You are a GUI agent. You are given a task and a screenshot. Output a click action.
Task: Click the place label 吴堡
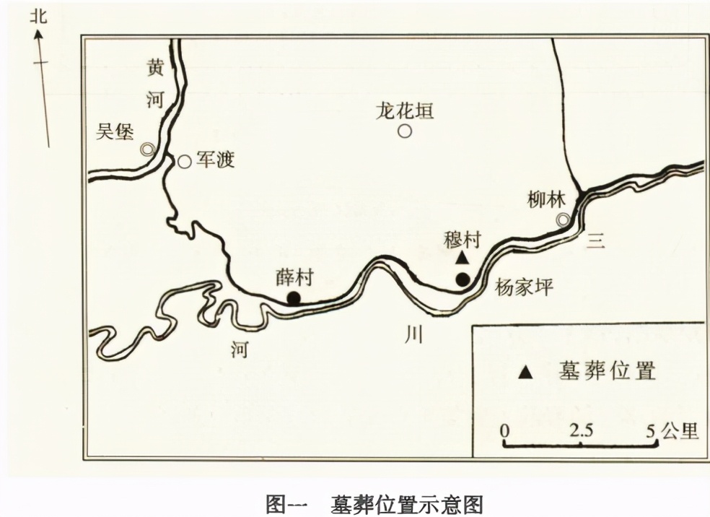(x=115, y=131)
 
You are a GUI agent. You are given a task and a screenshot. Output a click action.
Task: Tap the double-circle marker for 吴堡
(x=147, y=149)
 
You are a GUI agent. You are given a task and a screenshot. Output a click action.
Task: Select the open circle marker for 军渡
(x=185, y=162)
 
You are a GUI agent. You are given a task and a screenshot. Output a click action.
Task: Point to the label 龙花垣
(x=404, y=110)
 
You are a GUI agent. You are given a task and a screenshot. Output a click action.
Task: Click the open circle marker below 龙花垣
(x=405, y=131)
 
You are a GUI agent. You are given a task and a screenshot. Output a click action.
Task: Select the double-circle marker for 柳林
(x=563, y=220)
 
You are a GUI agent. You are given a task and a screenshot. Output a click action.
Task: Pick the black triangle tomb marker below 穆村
(x=463, y=258)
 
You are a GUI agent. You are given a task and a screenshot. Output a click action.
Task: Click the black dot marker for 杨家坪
(x=463, y=279)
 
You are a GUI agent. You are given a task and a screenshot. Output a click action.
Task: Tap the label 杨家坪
(x=524, y=287)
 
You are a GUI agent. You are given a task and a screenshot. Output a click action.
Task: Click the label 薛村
(x=294, y=278)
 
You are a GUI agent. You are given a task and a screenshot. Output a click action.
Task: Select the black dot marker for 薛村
(x=294, y=297)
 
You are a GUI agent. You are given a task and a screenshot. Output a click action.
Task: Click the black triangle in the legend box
(x=527, y=372)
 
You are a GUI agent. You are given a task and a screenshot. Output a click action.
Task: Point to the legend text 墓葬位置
(x=607, y=371)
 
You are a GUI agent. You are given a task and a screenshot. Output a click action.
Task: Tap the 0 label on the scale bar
(x=505, y=431)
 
